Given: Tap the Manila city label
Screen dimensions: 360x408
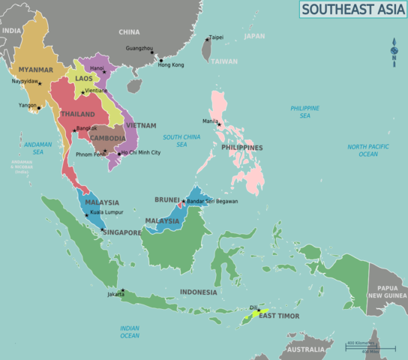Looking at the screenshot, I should point(210,121).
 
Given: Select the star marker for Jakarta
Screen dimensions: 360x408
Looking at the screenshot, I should point(123,290).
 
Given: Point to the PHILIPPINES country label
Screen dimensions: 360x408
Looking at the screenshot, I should point(241,148).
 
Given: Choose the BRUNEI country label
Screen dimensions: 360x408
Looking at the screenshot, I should point(166,199).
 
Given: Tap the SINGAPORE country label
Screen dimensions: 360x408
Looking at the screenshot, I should point(121,232).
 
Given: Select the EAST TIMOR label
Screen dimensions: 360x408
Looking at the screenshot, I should point(279,316).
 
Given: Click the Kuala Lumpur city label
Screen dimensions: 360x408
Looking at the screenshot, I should point(106,213).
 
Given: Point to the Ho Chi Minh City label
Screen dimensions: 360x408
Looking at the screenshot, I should point(140,152).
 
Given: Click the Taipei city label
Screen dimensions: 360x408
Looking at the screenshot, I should point(216,37).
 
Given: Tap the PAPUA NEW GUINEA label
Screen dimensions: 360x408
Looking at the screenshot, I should point(387,291).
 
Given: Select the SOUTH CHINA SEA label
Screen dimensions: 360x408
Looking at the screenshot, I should point(181,140).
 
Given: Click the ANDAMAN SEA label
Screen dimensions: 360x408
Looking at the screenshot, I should point(34,148).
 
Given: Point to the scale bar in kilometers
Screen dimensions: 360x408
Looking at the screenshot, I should point(361,344).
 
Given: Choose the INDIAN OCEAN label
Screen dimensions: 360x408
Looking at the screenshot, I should point(130,331).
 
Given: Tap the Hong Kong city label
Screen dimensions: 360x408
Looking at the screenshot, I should point(171,64).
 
